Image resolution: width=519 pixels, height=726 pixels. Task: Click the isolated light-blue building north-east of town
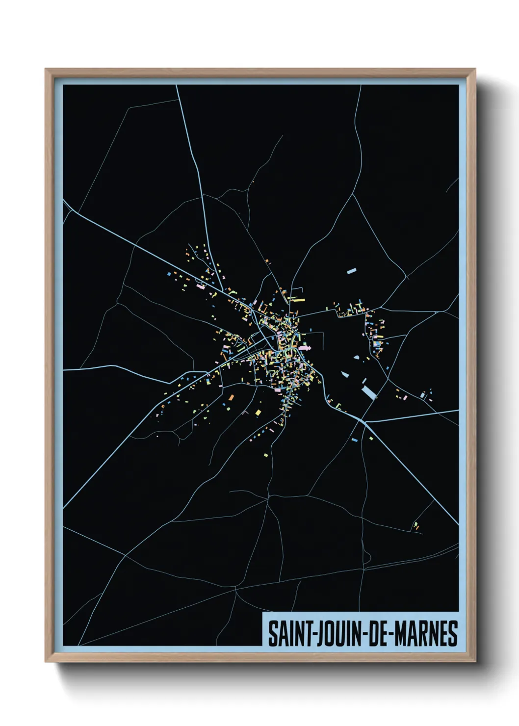tap(351, 270)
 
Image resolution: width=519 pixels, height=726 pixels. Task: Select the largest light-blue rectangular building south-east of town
tap(368, 392)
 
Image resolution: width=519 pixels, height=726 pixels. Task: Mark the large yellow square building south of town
tap(259, 413)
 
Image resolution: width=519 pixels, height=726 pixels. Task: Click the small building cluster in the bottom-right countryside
tap(416, 526)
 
